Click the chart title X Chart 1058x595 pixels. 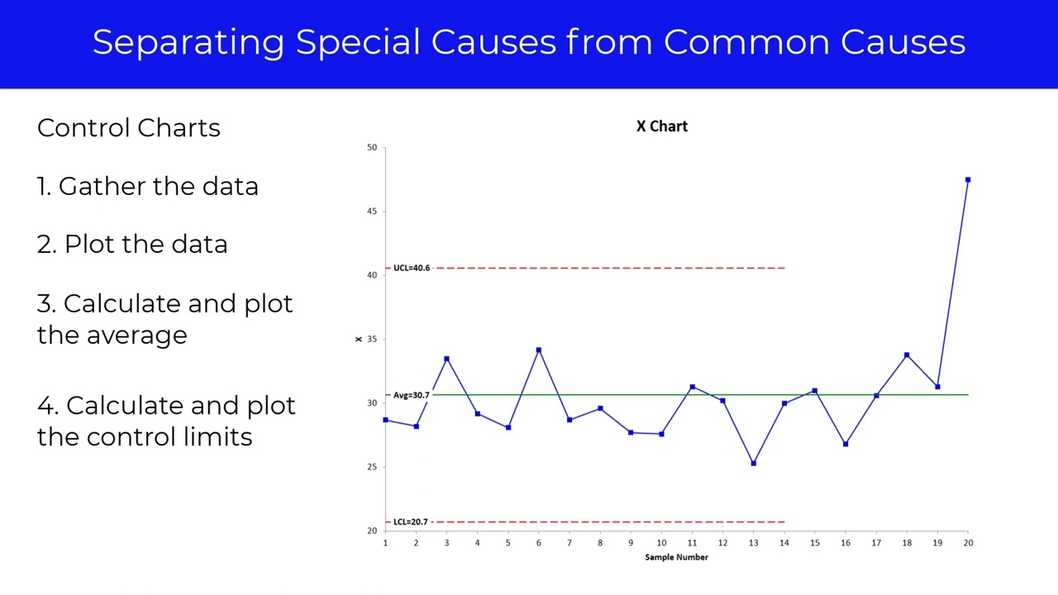661,126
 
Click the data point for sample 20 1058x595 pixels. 968,179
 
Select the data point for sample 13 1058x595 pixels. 753,464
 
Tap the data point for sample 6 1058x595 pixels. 539,350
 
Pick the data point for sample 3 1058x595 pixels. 446,359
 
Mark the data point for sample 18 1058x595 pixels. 907,355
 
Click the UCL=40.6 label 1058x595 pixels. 412,268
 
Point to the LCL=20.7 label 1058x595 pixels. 411,521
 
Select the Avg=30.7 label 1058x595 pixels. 411,395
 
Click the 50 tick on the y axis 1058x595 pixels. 372,147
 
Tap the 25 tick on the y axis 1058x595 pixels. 372,467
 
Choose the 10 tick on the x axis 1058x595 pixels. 661,543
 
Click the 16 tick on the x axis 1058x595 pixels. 845,543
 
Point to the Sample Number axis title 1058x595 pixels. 676,557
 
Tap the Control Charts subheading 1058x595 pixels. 129,128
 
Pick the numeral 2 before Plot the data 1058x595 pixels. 44,245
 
